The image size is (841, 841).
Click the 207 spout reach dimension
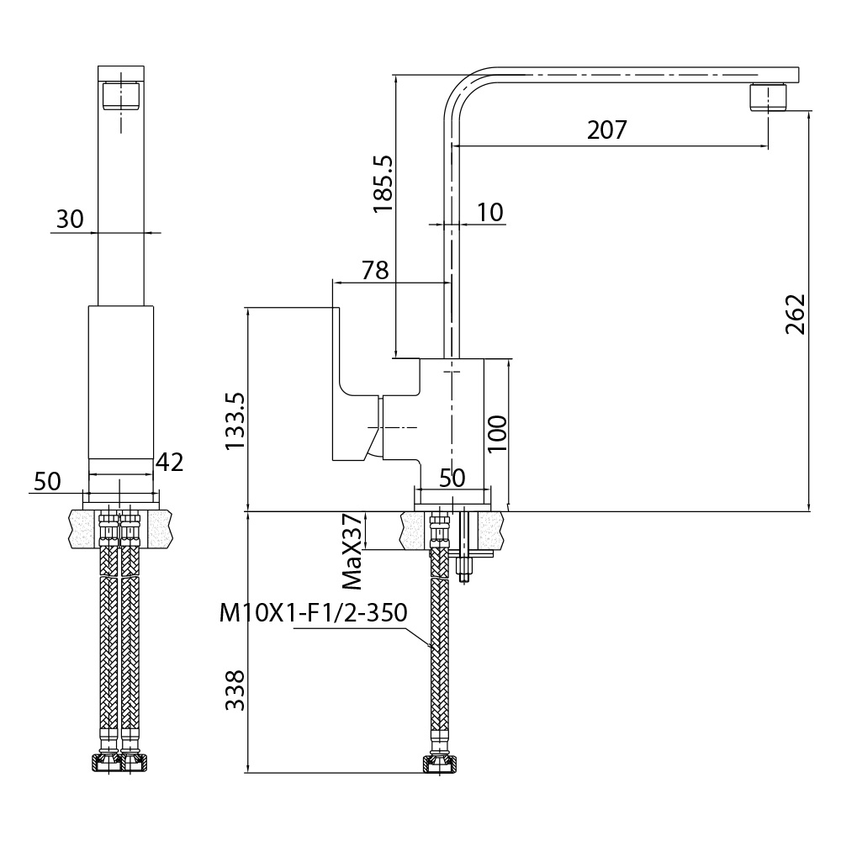tap(606, 130)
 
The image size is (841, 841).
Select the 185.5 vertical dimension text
tap(383, 184)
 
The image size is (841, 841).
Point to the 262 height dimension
tap(796, 315)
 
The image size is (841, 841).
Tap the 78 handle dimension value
tap(375, 270)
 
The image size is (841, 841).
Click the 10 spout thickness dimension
tap(489, 213)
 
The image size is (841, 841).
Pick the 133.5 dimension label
tap(235, 421)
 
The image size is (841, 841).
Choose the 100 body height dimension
tap(498, 433)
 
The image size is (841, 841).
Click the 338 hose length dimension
tap(235, 690)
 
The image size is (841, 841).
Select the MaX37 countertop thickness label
tap(352, 552)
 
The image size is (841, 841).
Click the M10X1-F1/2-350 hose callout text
tap(313, 612)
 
